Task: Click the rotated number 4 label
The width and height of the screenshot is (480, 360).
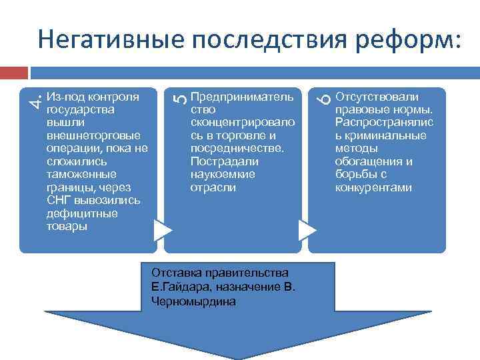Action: point(39,100)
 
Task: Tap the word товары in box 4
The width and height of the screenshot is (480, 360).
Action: point(67,227)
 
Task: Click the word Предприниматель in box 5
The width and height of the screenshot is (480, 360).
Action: point(241,97)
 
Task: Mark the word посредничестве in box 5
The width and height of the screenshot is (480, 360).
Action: point(237,149)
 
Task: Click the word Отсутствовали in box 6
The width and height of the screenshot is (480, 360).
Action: point(377,97)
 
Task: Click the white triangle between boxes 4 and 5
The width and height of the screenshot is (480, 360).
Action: point(161,230)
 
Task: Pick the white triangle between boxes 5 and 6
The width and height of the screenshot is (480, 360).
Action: point(305,230)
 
